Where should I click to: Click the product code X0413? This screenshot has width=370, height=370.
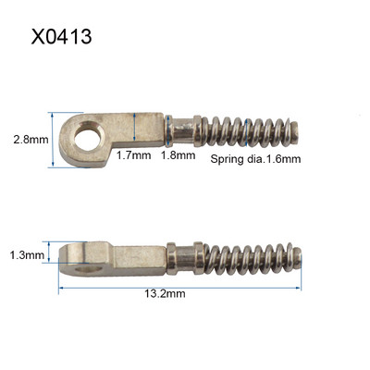point(61,37)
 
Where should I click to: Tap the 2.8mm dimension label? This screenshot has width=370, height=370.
point(31,140)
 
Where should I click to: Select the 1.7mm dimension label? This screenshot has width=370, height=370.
point(134,155)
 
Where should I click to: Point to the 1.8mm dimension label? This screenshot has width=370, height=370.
point(179,155)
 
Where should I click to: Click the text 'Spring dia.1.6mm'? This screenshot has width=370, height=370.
point(255,159)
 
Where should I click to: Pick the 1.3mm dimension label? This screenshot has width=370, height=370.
point(27,255)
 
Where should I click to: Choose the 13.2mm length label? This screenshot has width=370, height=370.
point(166,293)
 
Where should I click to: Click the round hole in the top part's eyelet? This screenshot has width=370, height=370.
point(88,136)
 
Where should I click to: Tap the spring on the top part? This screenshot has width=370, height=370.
point(247,131)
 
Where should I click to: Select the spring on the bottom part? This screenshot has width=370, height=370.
point(249,258)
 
